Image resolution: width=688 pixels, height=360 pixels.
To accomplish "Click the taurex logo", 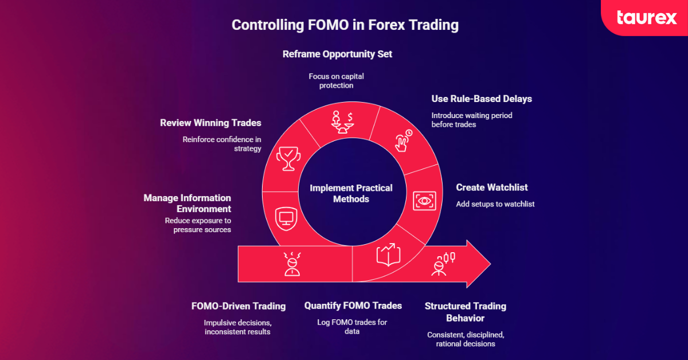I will (646, 18).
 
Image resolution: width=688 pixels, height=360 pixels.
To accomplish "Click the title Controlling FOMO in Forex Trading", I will (345, 25).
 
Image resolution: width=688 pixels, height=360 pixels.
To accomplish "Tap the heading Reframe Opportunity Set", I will (337, 54).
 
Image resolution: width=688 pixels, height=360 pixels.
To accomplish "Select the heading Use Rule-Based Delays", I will (482, 99).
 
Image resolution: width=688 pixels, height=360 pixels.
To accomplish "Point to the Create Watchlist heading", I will (492, 187).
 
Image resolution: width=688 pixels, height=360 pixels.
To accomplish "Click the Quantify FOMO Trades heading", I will (353, 306).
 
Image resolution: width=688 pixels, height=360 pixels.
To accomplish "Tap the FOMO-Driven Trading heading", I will (239, 306).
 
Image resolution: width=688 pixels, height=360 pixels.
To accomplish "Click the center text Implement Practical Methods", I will (351, 193).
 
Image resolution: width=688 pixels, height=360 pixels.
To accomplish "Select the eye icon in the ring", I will (424, 200).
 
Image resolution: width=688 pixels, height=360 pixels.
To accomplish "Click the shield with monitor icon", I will (284, 217).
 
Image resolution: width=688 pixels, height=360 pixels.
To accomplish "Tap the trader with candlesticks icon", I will (443, 263).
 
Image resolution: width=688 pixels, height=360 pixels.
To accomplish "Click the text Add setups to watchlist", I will (495, 204).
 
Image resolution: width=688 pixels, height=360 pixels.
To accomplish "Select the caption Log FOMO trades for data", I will (352, 327).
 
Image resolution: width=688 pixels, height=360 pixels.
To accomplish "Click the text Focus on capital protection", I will (337, 81).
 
